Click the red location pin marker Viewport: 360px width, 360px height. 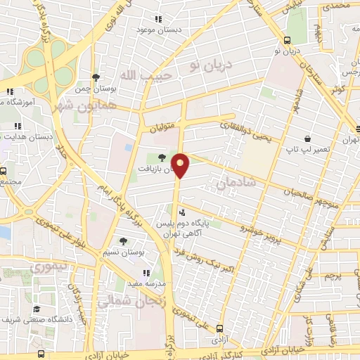pyautogui.click(x=182, y=165)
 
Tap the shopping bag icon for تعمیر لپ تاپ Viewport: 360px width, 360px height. pyautogui.click(x=307, y=139)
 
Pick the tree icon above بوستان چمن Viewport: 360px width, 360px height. pyautogui.click(x=96, y=77)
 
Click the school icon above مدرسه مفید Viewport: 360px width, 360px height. pyautogui.click(x=146, y=272)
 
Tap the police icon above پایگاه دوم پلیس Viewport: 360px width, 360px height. pyautogui.click(x=182, y=212)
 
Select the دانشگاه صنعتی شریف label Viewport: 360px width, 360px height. pyautogui.click(x=36, y=320)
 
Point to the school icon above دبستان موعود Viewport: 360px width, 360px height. pyautogui.click(x=159, y=20)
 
